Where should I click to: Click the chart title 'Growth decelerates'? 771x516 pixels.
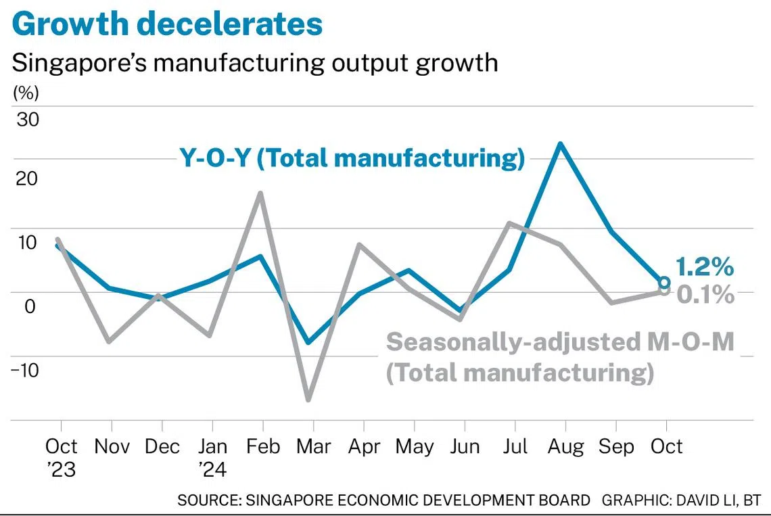(x=167, y=24)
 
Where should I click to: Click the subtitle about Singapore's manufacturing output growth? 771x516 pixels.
(x=255, y=62)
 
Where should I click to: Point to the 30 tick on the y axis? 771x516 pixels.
(x=28, y=120)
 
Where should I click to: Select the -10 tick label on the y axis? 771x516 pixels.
(x=25, y=370)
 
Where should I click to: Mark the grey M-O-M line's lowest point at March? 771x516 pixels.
(x=309, y=400)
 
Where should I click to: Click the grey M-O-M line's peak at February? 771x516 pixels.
(x=261, y=193)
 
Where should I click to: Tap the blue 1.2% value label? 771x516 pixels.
(x=704, y=268)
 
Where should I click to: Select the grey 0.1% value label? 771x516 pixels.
(x=705, y=295)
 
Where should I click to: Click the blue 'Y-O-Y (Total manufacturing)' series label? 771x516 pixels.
(x=352, y=158)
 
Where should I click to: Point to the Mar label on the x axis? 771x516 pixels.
(x=312, y=447)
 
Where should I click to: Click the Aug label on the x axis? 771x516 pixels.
(x=565, y=447)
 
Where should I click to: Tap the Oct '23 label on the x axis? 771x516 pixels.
(x=61, y=456)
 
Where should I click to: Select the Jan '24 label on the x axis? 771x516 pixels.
(x=212, y=456)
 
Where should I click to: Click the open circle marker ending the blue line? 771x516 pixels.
(x=665, y=283)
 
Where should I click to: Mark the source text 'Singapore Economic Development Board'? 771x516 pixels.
(x=383, y=501)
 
